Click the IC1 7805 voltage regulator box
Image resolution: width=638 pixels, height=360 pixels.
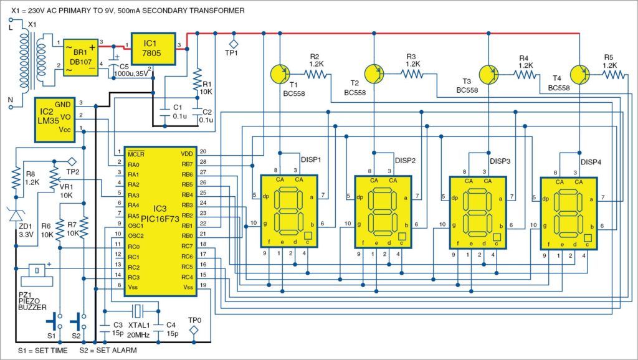153,46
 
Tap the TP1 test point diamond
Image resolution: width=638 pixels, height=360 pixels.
234,44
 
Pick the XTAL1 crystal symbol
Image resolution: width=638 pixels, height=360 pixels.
136,311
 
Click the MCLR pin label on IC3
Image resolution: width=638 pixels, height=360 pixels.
136,153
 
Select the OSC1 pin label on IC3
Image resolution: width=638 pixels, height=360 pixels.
136,225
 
